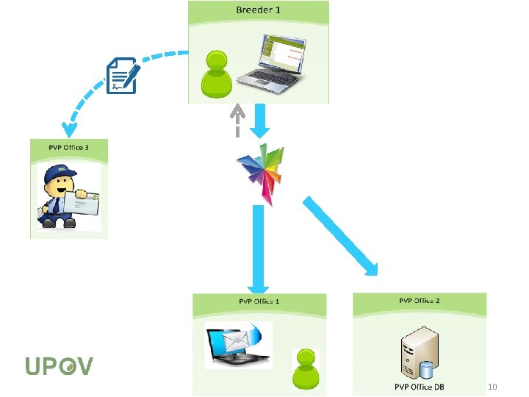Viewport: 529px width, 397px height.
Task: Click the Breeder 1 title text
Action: click(258, 10)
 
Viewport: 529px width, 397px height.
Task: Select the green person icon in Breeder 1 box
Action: click(215, 74)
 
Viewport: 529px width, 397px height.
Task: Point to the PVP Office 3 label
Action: click(68, 147)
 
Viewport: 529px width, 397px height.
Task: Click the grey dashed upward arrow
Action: click(237, 120)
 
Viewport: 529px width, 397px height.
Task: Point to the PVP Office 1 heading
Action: click(259, 301)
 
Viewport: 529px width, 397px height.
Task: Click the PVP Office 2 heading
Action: click(420, 300)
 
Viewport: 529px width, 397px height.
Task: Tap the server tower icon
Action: click(420, 353)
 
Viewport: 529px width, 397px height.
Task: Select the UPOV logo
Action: click(59, 365)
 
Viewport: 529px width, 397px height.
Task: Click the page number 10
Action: click(493, 387)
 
